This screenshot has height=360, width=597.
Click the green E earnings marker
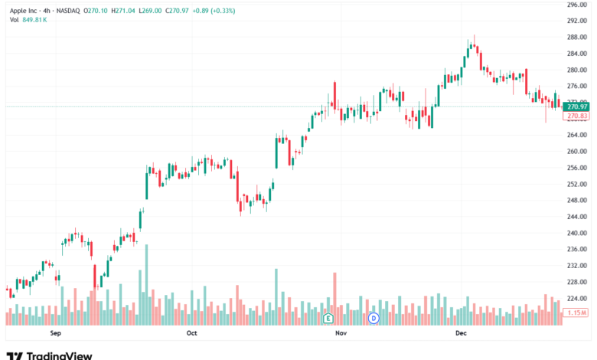coord(328,317)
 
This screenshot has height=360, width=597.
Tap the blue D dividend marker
coord(374,317)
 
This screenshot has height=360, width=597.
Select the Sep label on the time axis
coord(55,333)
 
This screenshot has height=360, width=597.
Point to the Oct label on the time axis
coord(191,333)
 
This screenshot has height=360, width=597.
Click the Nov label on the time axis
coord(341,333)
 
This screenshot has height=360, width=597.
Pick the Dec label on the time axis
coord(461,333)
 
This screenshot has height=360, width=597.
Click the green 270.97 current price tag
coord(576,107)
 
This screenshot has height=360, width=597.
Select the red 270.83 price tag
coord(576,116)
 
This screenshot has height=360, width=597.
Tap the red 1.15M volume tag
coord(576,313)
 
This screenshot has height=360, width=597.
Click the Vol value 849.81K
coord(35,19)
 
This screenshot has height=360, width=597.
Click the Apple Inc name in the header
coord(26,10)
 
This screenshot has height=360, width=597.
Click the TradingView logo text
coord(59,355)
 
